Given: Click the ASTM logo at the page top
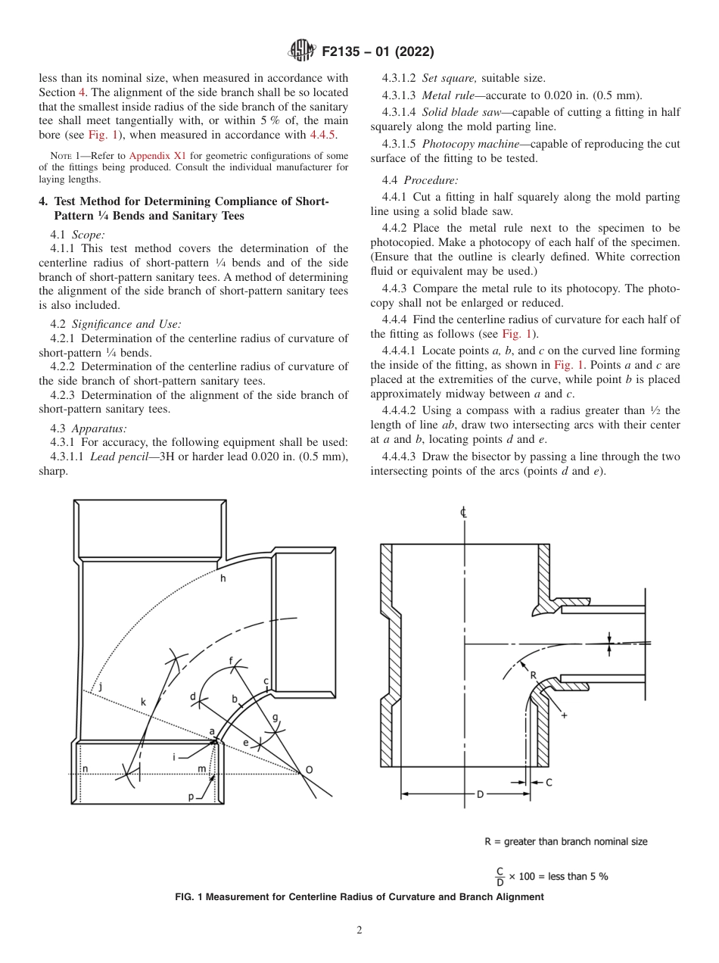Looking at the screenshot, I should pos(302,51).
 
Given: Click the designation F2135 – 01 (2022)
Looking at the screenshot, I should pos(378,52).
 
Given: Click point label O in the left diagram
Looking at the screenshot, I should pos(308,770).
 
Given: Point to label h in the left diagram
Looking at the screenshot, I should pos(223,578).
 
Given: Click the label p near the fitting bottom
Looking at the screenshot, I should pos(191,796).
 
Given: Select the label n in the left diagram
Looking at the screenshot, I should pos(85,769).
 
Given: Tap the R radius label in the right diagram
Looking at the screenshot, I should pos(533,675).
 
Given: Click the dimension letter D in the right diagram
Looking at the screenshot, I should pos(480,794).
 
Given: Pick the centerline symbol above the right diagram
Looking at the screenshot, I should pos(463,513).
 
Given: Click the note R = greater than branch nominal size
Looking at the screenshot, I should pos(565,841).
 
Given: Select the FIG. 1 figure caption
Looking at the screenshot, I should pos(359,896).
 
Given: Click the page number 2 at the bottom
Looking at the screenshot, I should pos(359,930).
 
